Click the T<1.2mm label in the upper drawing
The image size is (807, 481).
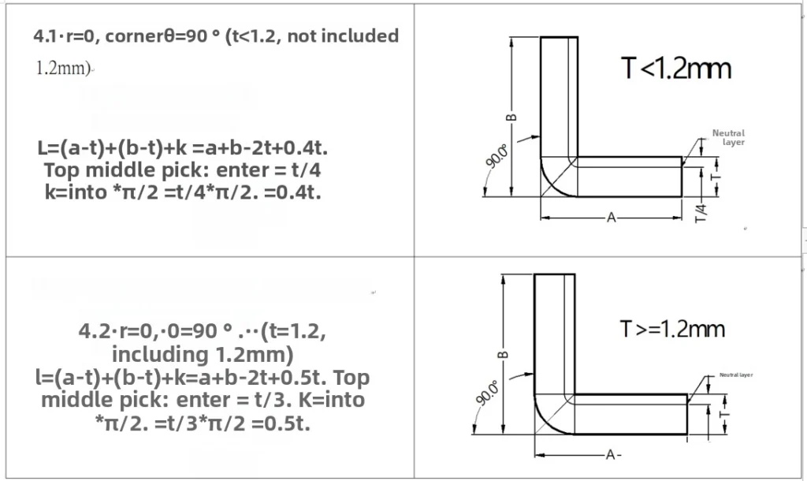(x=675, y=69)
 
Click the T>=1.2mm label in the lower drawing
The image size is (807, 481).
(x=672, y=329)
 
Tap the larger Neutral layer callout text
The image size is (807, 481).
(x=728, y=137)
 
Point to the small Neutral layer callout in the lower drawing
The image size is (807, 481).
(x=736, y=375)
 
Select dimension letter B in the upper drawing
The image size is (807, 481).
(x=511, y=117)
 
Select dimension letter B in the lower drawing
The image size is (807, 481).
(x=503, y=354)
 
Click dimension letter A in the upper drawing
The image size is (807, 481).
(x=611, y=218)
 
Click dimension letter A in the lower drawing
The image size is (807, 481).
(x=611, y=455)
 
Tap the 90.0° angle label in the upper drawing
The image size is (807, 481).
(x=496, y=157)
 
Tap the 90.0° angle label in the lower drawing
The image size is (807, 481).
(x=487, y=393)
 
